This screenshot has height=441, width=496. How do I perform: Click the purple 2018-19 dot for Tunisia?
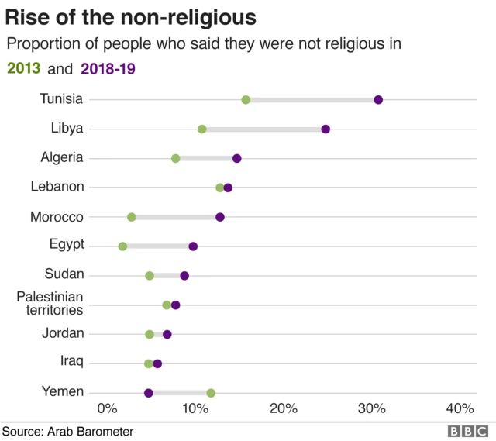point(378,99)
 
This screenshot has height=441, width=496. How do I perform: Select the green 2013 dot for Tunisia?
point(246,99)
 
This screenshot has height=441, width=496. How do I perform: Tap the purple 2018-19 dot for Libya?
point(325,129)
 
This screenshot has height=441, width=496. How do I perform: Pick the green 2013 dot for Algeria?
point(176,158)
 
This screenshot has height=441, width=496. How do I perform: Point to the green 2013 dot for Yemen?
point(211,393)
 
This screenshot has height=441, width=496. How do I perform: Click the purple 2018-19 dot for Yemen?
point(149,393)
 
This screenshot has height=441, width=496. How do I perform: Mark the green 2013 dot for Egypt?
point(122,246)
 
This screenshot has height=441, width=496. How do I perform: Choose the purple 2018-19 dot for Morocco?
point(220,217)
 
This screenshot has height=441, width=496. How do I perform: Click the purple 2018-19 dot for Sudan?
point(184,275)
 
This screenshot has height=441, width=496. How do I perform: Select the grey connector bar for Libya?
point(263,129)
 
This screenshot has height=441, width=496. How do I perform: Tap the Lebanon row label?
point(57,187)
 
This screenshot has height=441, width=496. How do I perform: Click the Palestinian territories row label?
point(50,303)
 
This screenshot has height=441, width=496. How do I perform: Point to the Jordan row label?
point(62,333)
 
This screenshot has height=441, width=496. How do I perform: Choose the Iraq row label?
point(72,362)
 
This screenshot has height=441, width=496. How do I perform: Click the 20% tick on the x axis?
point(284,409)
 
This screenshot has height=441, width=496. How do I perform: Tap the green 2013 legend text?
point(24,69)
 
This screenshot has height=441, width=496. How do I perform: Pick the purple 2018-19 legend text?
point(108,69)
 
